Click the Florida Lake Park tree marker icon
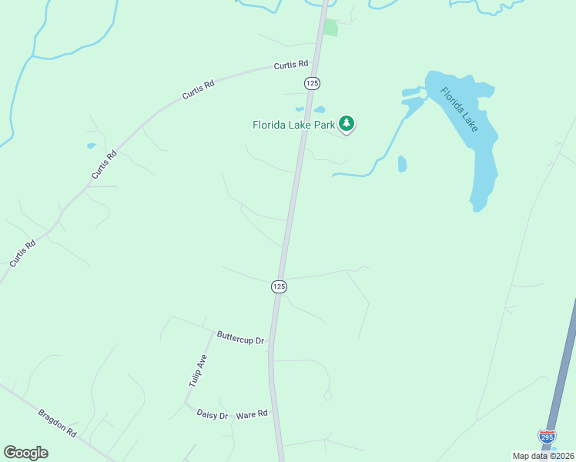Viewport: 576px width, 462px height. point(347,123)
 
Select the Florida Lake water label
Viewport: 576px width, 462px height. point(459,109)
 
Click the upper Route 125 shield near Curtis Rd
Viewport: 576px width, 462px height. point(311,82)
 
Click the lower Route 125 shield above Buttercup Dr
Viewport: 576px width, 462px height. point(279,286)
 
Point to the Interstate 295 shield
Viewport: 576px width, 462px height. point(547,437)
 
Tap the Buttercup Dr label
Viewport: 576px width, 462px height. point(240,338)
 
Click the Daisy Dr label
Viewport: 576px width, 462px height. point(213,416)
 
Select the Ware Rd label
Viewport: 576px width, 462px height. point(252,414)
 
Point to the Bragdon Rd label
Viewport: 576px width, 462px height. point(58,423)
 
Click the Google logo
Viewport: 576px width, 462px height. point(25,453)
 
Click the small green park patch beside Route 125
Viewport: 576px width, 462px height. point(330,28)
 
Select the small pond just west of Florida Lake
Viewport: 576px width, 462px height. point(402,163)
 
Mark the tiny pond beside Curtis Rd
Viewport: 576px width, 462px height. point(92,145)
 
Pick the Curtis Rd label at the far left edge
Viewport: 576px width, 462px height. point(22,254)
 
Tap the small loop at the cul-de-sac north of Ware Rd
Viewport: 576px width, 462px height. point(328,396)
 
